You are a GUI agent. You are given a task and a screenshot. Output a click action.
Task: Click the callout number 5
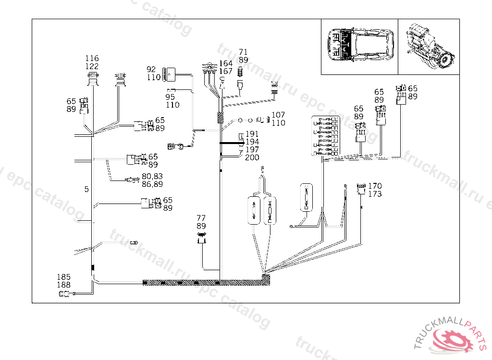(x=86, y=190)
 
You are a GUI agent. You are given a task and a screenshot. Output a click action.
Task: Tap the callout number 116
(x=92, y=59)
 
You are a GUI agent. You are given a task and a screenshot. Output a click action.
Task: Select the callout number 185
(x=63, y=277)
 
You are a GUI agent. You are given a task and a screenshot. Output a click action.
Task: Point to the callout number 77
(x=201, y=218)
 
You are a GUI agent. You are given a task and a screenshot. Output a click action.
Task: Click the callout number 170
(x=375, y=186)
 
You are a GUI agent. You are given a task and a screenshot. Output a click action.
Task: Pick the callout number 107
(x=278, y=115)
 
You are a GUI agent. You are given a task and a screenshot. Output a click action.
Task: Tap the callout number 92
(x=151, y=69)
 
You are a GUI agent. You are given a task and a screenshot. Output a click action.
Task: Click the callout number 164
(x=226, y=64)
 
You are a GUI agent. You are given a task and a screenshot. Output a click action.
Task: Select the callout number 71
(x=243, y=52)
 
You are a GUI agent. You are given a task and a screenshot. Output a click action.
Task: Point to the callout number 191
(x=252, y=134)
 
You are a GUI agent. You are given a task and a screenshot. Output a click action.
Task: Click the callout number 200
(x=252, y=157)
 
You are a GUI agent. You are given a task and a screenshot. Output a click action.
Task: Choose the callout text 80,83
(x=152, y=176)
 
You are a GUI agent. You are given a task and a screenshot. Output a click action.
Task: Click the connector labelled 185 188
(x=63, y=294)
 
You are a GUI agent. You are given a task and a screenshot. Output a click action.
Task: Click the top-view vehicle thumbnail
(x=359, y=47)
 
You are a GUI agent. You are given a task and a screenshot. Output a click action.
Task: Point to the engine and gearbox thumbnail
(x=429, y=47)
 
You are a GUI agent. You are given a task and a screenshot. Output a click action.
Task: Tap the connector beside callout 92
(x=167, y=73)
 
